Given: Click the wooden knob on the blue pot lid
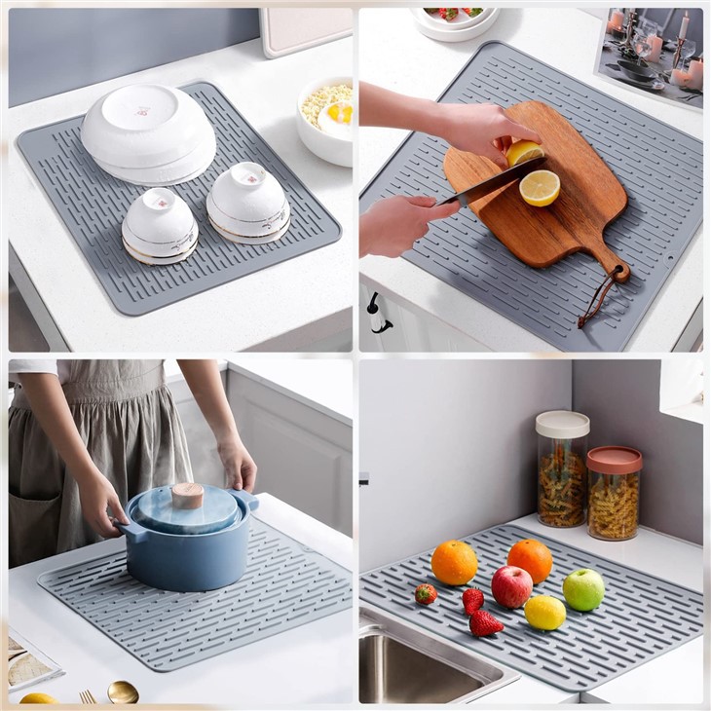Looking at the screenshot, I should coord(187,495).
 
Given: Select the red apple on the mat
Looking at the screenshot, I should coord(511,586).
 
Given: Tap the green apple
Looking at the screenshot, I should coord(583,589).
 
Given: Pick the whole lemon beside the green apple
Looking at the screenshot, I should coord(544,613).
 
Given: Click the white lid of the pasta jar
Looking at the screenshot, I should coord(562,424).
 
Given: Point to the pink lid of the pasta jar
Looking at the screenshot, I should coord(615,459).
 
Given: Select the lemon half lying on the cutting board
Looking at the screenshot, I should coord(539,187).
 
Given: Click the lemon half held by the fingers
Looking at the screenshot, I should coord(524,153).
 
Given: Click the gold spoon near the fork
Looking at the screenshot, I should coord(123,692).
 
